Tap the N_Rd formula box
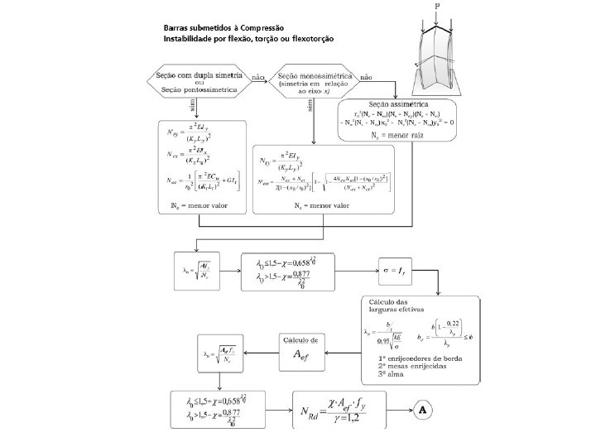coord(339,410)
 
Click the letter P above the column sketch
coord(437,6)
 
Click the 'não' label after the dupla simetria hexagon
coord(257,76)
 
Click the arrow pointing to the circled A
coord(401,410)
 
